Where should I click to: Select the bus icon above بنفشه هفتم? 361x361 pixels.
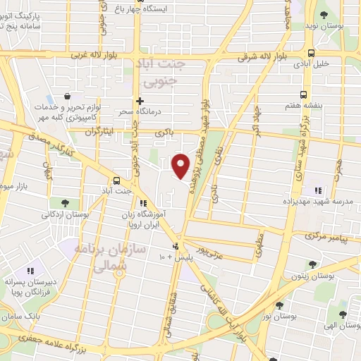click(x=304, y=94)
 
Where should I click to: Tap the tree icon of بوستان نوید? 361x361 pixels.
click(x=323, y=14)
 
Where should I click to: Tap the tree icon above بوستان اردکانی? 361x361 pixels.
click(x=66, y=203)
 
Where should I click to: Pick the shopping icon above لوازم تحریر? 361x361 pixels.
click(x=66, y=96)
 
